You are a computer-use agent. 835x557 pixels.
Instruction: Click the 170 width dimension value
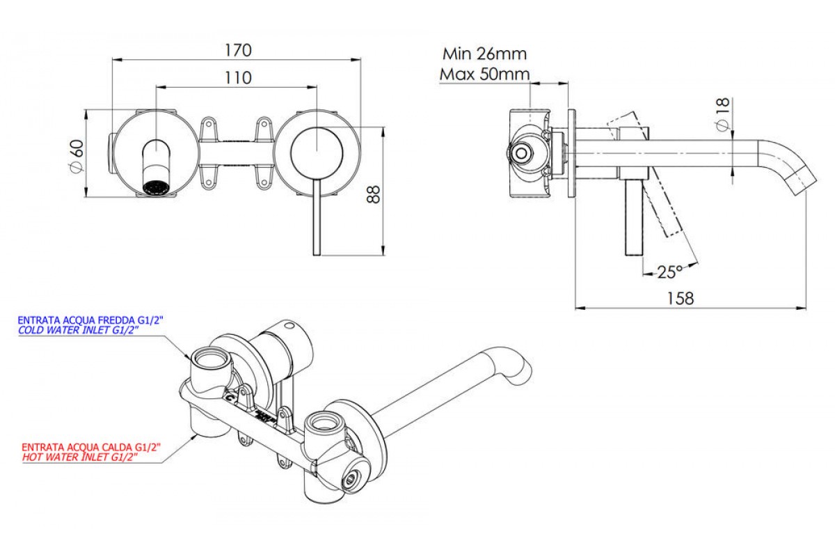click(x=238, y=51)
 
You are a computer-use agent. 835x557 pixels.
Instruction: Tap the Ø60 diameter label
click(x=76, y=157)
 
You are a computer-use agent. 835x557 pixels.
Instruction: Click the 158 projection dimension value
click(x=681, y=298)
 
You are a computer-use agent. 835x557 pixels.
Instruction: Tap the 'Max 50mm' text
click(x=484, y=74)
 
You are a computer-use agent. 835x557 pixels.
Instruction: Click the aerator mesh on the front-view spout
click(x=155, y=187)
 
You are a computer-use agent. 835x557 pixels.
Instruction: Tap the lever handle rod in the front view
click(x=315, y=216)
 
